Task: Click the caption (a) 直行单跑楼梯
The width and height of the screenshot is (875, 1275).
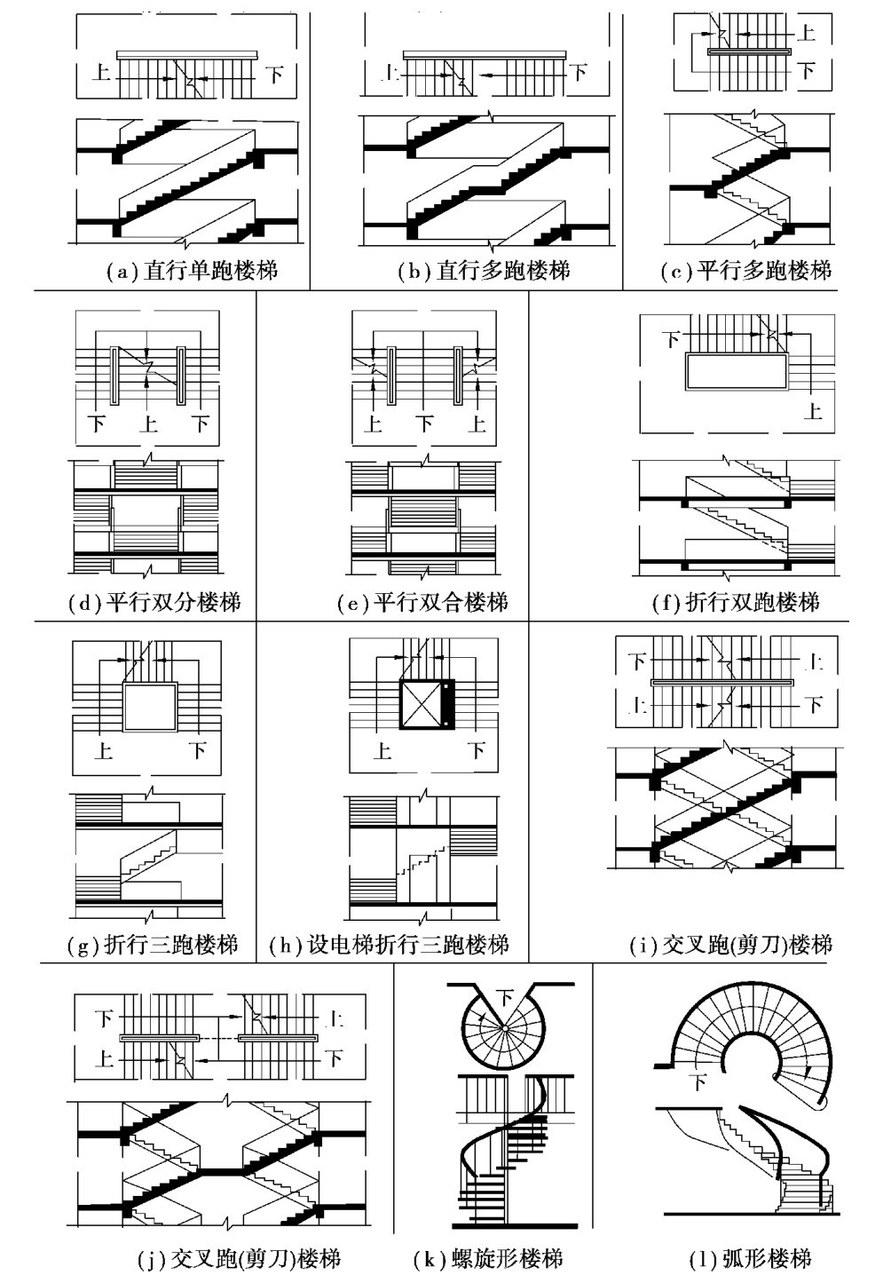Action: (x=192, y=270)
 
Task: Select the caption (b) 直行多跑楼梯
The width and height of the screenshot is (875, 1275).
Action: (x=484, y=270)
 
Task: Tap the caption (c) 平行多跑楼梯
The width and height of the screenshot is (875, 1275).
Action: (x=746, y=270)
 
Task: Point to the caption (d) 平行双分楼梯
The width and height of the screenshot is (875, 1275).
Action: (x=154, y=603)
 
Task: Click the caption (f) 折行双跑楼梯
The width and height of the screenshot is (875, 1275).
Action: (x=736, y=603)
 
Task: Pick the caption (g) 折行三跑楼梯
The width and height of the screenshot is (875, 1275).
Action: (x=153, y=944)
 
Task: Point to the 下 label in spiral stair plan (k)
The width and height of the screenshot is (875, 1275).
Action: (x=504, y=996)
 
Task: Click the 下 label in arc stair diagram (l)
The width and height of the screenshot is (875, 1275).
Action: (x=699, y=1081)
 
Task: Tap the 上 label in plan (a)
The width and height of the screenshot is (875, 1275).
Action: (x=102, y=72)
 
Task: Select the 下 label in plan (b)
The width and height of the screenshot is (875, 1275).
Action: (x=578, y=72)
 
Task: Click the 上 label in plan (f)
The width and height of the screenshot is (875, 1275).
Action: (x=813, y=410)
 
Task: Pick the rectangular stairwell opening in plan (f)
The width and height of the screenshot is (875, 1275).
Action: (x=736, y=371)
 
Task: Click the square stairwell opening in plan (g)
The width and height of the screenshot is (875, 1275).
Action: (x=149, y=705)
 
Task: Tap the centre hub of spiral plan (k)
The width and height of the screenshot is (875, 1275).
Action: (x=503, y=1027)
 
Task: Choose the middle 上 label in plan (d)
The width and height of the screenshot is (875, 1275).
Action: (x=148, y=423)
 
